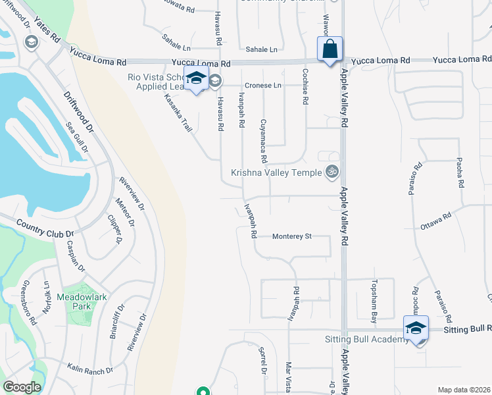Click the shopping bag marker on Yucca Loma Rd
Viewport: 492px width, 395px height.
tap(330, 49)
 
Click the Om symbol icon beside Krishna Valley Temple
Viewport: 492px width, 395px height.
tap(333, 172)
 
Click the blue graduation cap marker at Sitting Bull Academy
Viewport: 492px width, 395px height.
tap(416, 329)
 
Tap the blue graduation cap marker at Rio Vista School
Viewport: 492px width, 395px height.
tap(196, 78)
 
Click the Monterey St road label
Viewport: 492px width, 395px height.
tap(291, 236)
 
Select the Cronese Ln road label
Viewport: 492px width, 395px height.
tap(263, 86)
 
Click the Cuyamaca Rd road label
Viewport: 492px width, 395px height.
tap(263, 140)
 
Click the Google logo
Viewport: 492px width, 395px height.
tap(22, 387)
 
